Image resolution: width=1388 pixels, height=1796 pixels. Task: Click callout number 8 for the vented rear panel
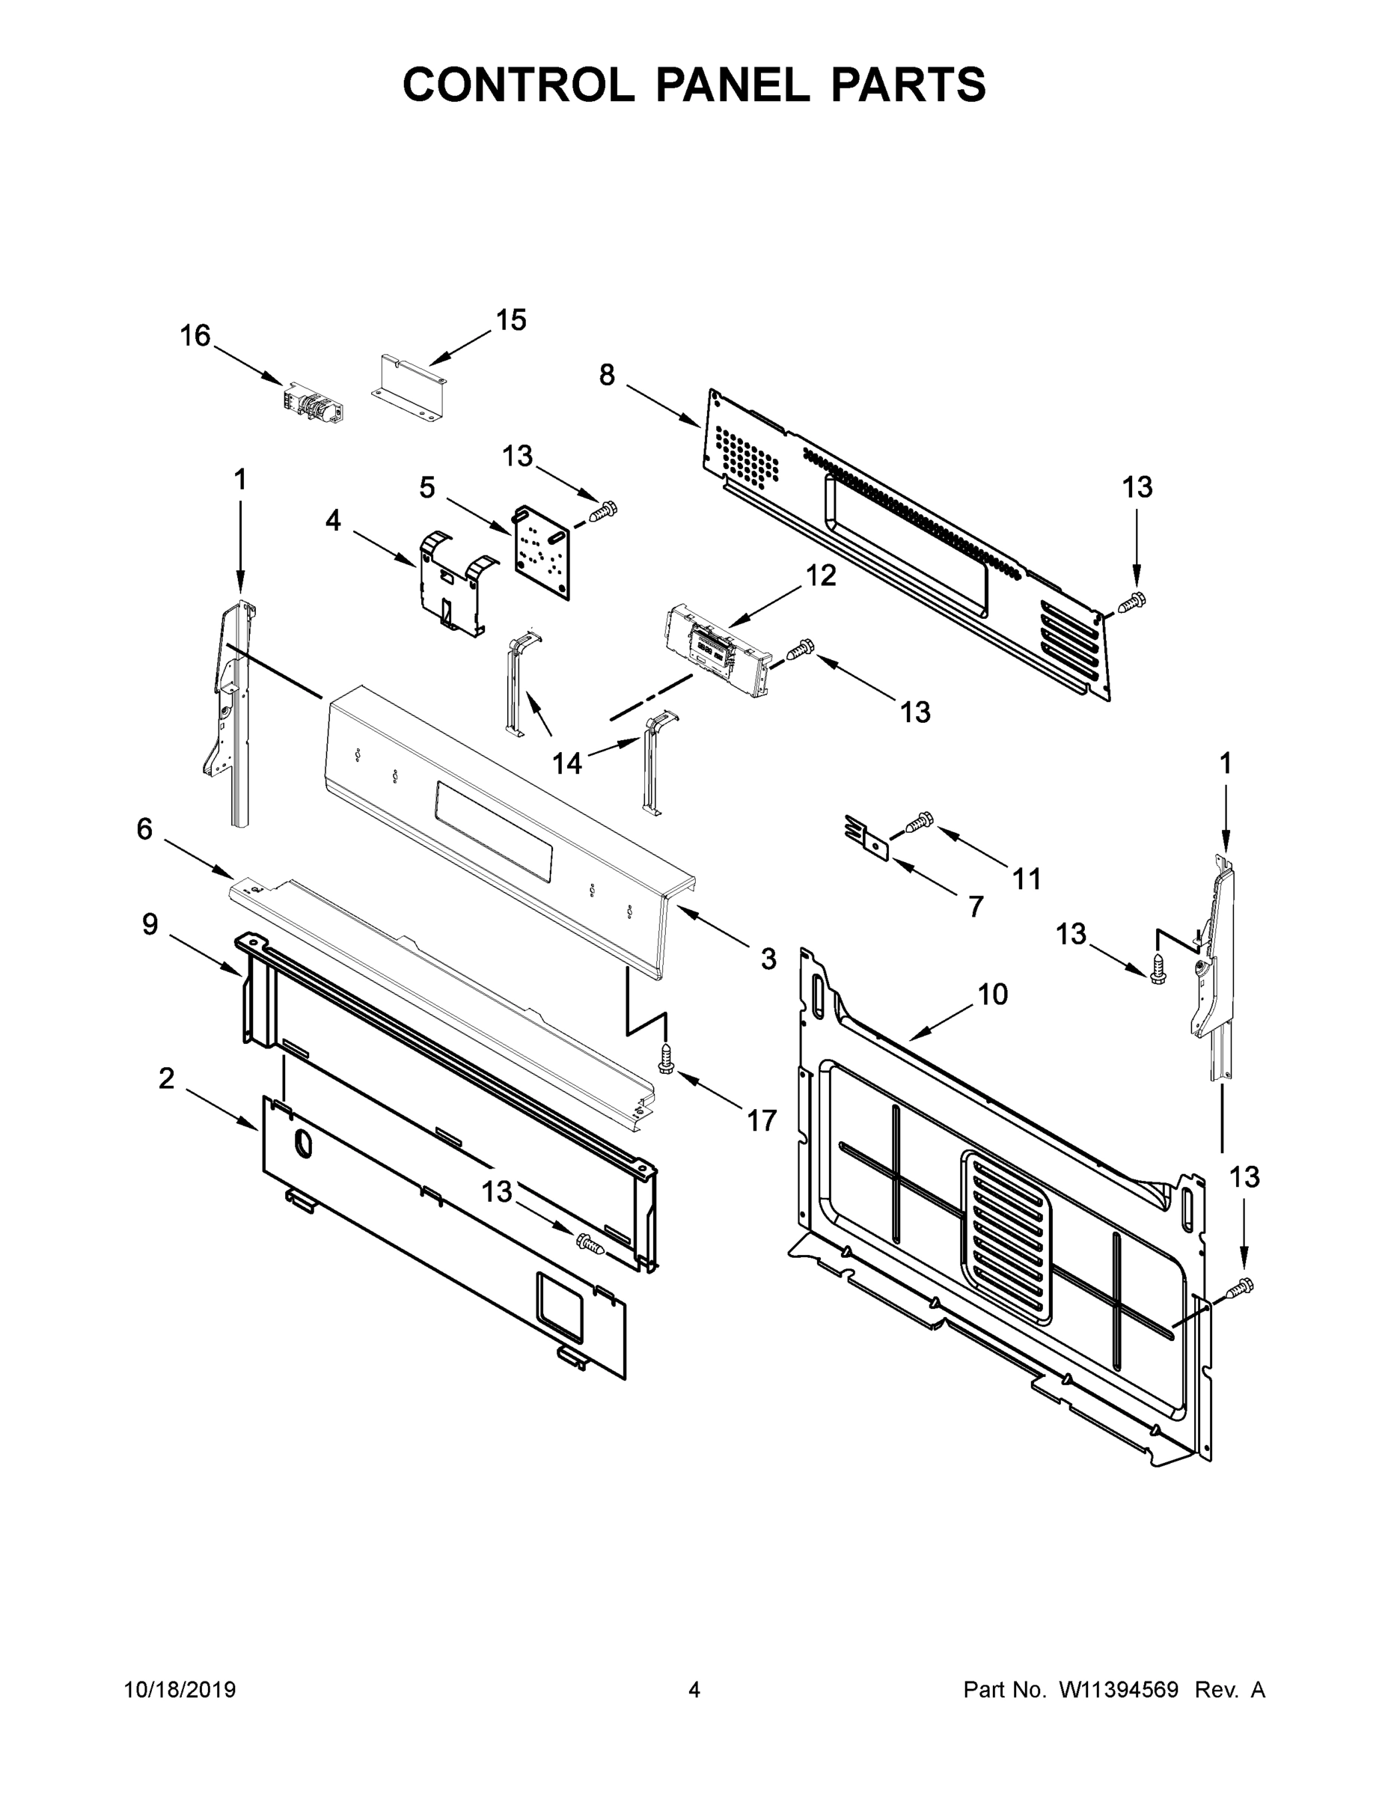coord(606,375)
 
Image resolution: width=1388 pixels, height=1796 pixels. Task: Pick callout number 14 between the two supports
coord(566,764)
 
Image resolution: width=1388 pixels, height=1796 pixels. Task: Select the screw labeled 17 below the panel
coord(666,1061)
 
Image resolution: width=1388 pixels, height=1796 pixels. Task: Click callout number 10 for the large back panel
coord(992,995)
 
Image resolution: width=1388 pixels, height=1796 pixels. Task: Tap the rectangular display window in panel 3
coord(493,832)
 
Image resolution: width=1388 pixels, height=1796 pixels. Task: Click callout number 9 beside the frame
coord(150,924)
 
